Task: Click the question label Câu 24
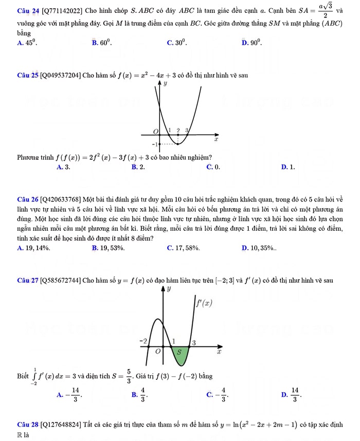click(27, 11)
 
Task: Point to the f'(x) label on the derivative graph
click(204, 303)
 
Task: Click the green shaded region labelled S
click(179, 353)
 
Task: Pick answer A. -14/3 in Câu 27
click(69, 395)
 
